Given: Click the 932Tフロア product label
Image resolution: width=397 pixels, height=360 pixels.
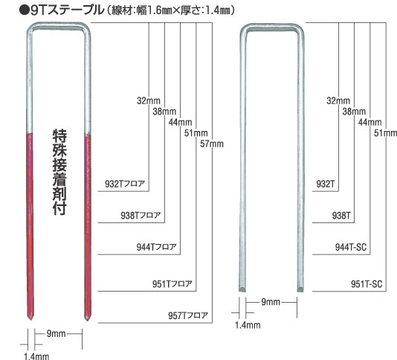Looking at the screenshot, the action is (125, 184).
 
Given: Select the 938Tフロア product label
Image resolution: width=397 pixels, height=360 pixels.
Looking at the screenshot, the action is (141, 216).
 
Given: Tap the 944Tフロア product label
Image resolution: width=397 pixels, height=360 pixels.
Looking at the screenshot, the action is (156, 247).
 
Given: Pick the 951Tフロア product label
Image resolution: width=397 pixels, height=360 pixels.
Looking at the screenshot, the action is (172, 283).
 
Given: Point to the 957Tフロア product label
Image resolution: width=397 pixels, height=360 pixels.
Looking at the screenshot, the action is (188, 315).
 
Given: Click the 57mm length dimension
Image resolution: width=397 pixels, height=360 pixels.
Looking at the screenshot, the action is (212, 144).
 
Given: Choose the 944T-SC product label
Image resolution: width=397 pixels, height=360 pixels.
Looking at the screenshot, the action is (351, 247).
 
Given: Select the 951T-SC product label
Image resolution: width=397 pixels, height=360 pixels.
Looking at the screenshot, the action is (367, 283).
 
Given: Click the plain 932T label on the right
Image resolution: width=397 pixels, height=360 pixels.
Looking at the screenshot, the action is (326, 184).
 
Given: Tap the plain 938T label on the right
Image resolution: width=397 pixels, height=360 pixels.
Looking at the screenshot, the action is (341, 216).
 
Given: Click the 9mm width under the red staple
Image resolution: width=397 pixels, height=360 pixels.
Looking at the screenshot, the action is (57, 334).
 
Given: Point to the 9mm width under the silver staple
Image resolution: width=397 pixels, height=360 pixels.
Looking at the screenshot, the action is (271, 302).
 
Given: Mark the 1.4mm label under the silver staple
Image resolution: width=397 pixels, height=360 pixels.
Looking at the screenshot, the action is (248, 325).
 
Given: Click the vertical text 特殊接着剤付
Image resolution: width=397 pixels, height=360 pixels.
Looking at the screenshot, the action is (59, 172).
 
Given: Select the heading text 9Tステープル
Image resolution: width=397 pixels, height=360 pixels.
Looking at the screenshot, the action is (67, 10).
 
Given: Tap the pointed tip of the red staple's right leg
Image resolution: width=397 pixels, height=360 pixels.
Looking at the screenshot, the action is (88, 320).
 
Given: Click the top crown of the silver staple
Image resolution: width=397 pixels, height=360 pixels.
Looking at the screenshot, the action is (272, 28).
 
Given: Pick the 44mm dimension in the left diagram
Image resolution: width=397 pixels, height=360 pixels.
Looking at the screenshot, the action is (180, 122).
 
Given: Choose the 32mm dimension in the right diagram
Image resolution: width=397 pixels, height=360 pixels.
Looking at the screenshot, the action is (338, 100).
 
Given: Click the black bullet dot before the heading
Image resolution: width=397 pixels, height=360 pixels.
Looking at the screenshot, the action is (24, 11).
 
